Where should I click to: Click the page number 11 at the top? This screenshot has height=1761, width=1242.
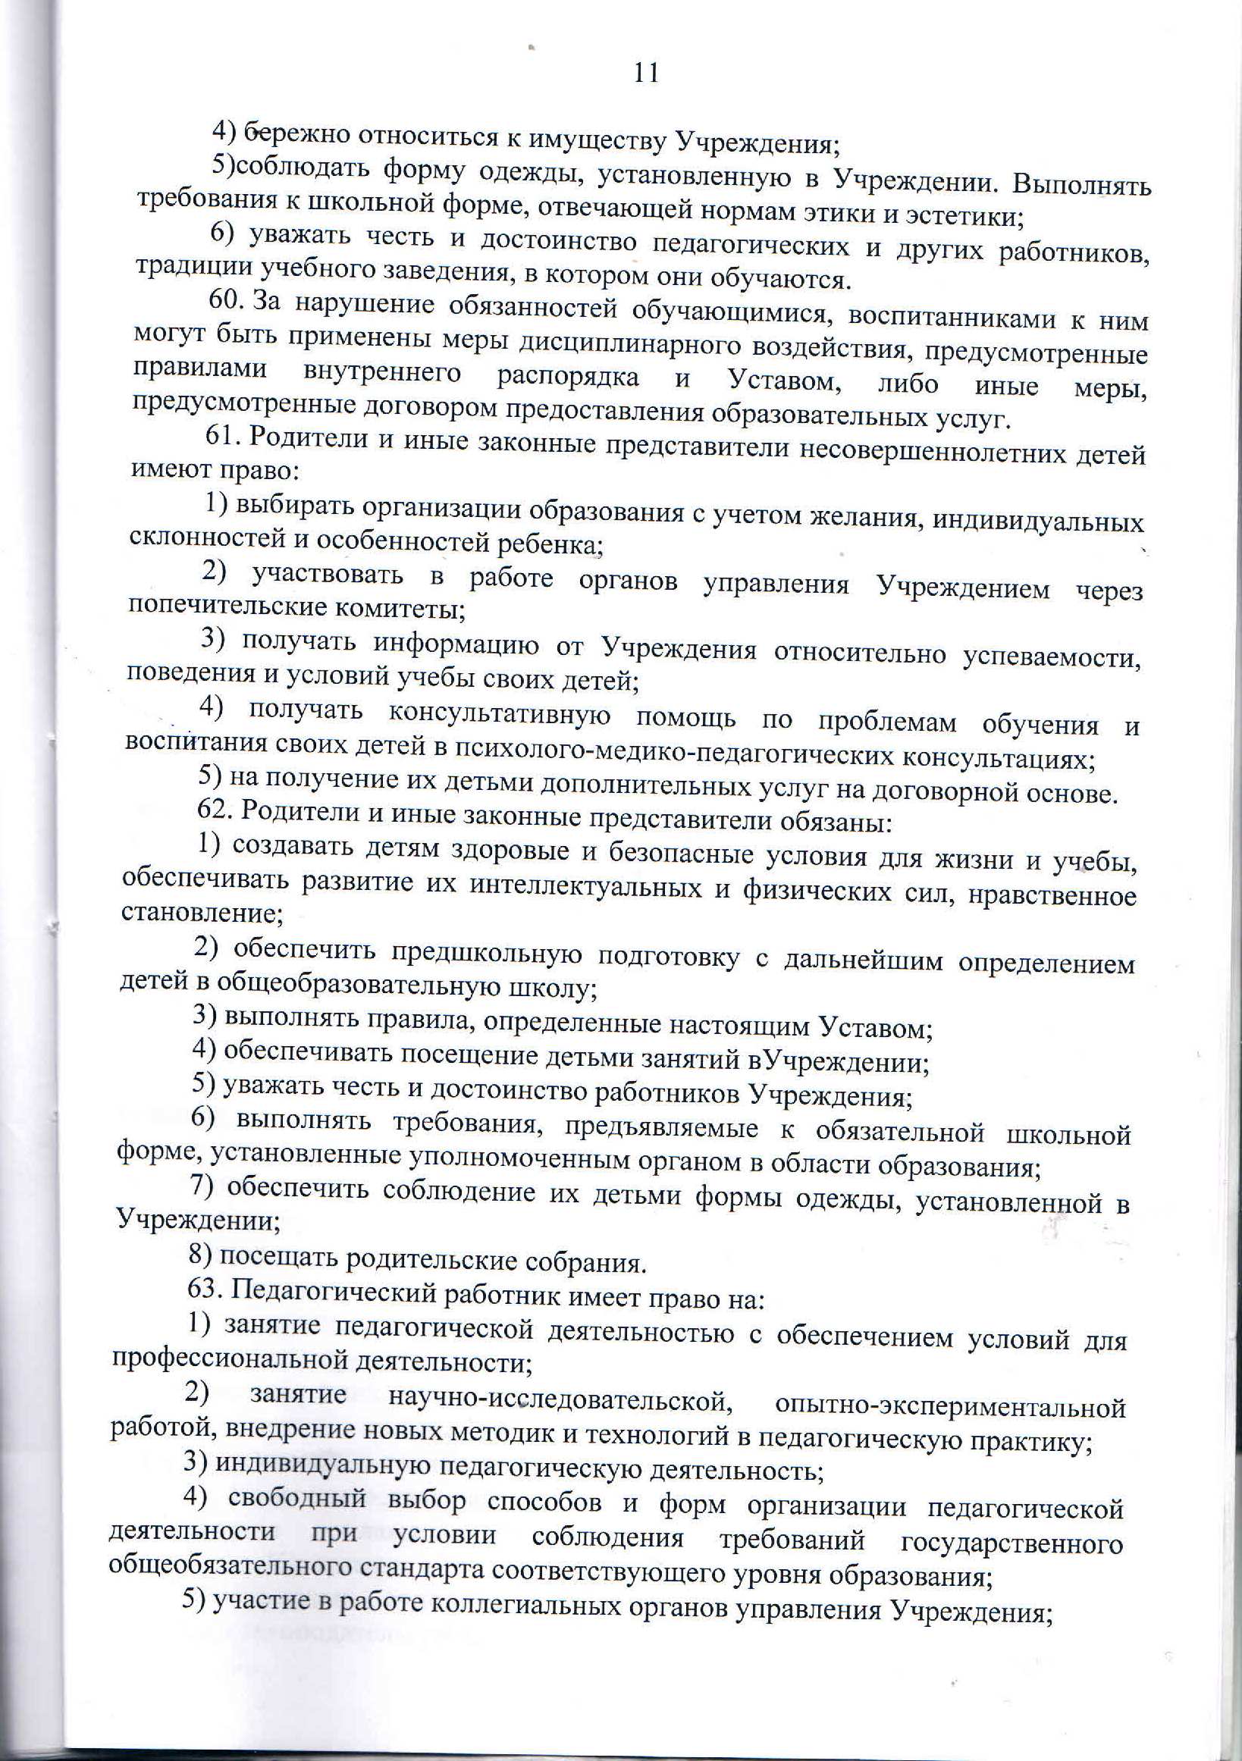(646, 74)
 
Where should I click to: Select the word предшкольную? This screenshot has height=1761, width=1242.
(470, 956)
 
